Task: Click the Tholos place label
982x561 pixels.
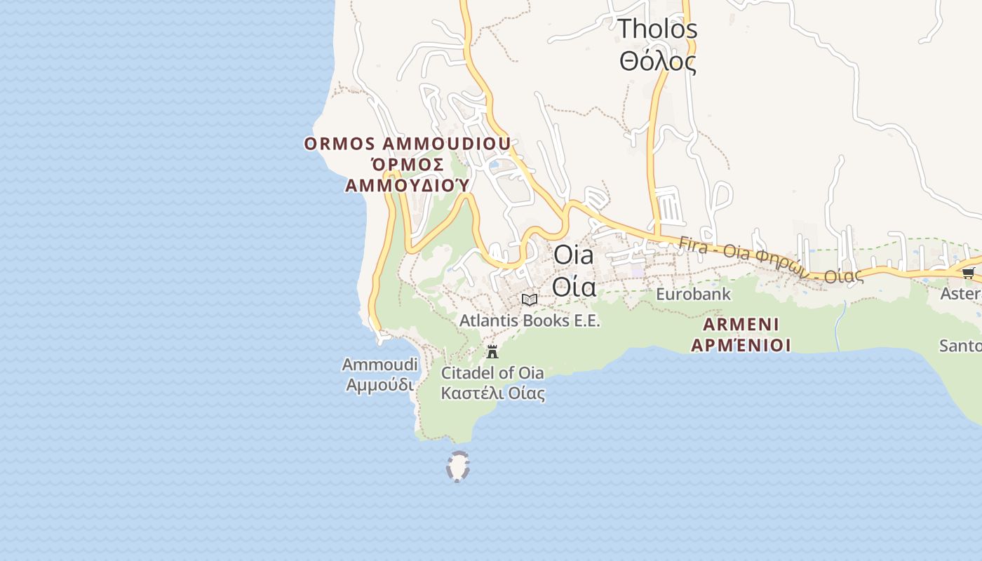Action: point(657,29)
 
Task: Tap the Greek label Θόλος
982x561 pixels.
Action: point(657,62)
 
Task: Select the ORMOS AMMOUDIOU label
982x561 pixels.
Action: point(407,144)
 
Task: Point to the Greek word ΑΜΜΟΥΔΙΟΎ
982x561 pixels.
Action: point(407,185)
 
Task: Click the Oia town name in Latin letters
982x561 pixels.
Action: point(573,255)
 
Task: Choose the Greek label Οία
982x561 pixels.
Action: point(574,287)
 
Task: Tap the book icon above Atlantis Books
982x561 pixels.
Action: point(530,300)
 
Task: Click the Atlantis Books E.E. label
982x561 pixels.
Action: point(530,321)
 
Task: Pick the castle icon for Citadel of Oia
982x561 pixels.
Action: point(492,351)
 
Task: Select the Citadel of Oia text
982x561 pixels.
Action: point(492,372)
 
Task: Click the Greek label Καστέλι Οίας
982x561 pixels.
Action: point(492,393)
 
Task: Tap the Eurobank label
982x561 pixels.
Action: point(693,295)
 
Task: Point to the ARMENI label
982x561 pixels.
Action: point(741,325)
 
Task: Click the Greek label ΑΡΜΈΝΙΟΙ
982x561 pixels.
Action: point(741,345)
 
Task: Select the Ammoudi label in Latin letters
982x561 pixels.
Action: point(379,365)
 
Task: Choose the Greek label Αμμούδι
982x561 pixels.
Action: point(379,385)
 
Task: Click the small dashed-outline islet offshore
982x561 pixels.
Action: point(458,467)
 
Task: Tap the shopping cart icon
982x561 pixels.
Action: point(968,273)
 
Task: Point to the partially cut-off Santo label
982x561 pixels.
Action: point(960,346)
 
